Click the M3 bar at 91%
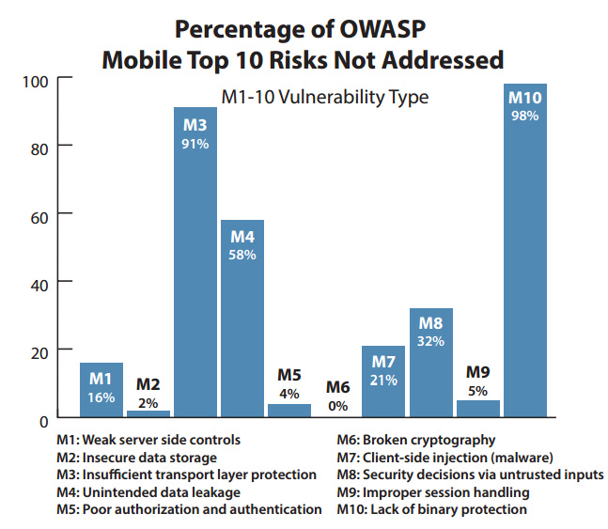pyautogui.click(x=195, y=263)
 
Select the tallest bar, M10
pyautogui.click(x=525, y=254)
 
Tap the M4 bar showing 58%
pyautogui.click(x=242, y=319)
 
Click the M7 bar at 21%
pyautogui.click(x=384, y=381)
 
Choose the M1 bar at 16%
pyautogui.click(x=101, y=389)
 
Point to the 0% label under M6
pyautogui.click(x=337, y=406)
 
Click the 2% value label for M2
pyautogui.click(x=148, y=403)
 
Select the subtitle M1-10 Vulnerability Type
pyautogui.click(x=324, y=96)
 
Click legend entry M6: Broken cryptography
pyautogui.click(x=416, y=440)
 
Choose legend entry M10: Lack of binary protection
pyautogui.click(x=432, y=509)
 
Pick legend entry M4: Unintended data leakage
pyautogui.click(x=161, y=492)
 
